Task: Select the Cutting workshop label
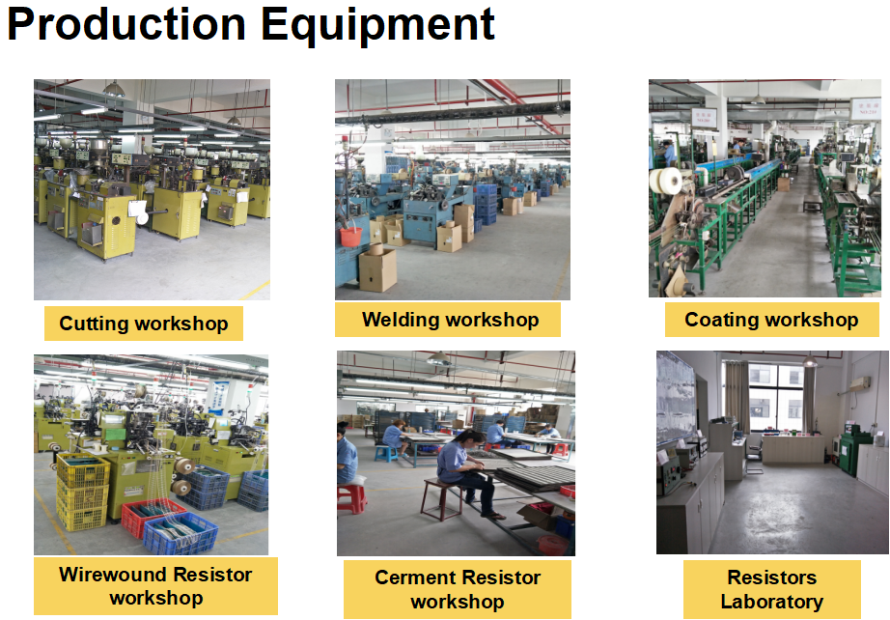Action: tap(144, 324)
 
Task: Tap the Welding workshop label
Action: tap(450, 320)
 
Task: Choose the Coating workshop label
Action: tap(771, 320)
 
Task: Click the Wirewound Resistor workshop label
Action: tap(155, 586)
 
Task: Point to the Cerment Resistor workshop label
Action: tap(457, 589)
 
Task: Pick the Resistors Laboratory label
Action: tap(771, 589)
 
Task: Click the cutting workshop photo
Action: tap(152, 189)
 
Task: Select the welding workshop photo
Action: tap(452, 189)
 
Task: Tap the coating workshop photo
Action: tap(764, 188)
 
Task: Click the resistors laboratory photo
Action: tap(771, 452)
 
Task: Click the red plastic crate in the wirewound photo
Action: tap(151, 518)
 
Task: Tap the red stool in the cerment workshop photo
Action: tap(351, 498)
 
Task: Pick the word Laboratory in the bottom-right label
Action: tap(771, 602)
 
